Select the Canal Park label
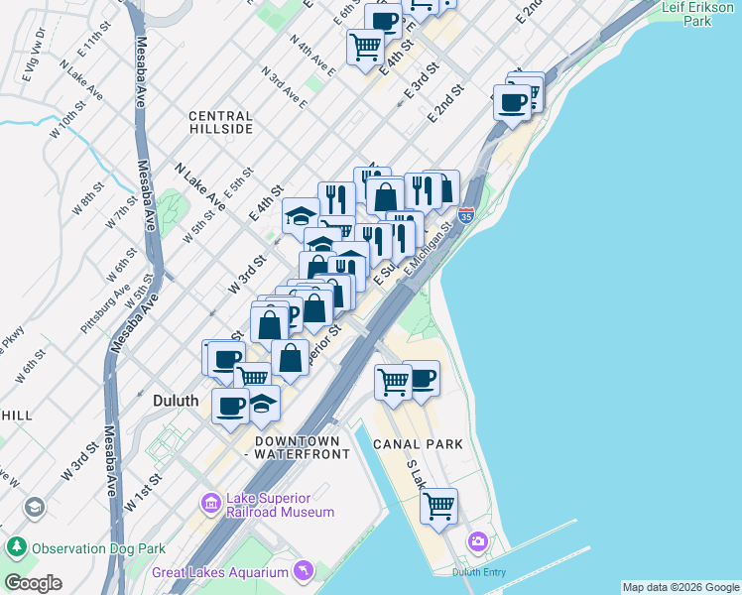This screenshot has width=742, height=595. (x=418, y=444)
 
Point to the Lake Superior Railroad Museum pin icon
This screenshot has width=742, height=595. (x=210, y=504)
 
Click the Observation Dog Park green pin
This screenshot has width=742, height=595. (x=16, y=547)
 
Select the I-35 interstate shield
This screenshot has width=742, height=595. (x=467, y=214)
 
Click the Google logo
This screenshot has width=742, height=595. (x=33, y=583)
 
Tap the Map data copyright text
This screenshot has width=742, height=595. (x=680, y=587)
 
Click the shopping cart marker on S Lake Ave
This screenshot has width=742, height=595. (x=438, y=505)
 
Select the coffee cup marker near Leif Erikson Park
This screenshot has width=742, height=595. (x=513, y=101)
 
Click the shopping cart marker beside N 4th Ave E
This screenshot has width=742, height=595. (x=365, y=44)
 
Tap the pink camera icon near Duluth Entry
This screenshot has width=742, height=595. (x=478, y=541)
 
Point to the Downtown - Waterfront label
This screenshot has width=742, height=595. (x=303, y=447)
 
